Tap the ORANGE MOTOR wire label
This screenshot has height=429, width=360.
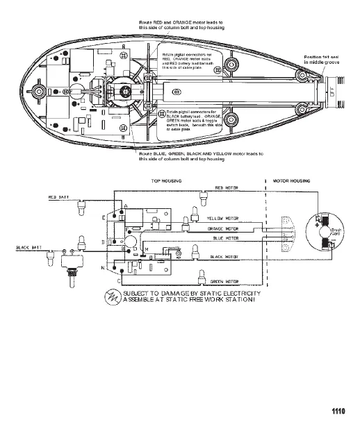click(223, 228)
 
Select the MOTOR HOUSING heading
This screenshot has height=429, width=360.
click(294, 180)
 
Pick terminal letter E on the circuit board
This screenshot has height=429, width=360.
click(104, 217)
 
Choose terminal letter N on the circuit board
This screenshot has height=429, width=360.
click(104, 267)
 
